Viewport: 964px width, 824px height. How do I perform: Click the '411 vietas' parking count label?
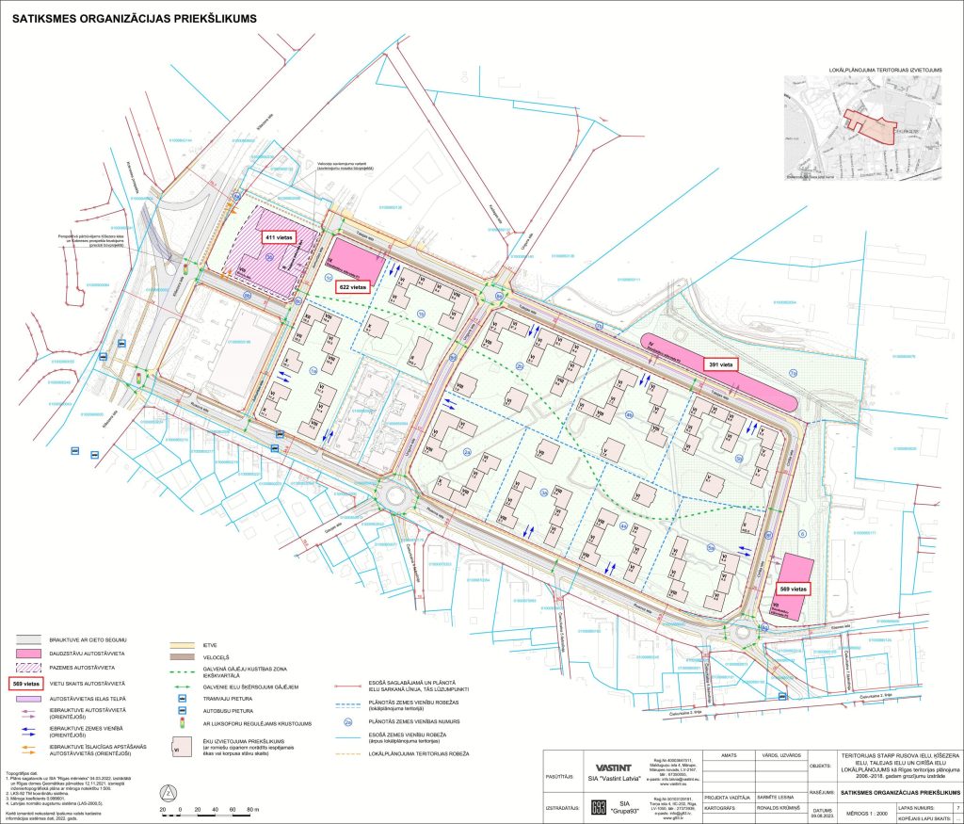[280, 238]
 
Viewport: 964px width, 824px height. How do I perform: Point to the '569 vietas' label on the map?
[793, 589]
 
